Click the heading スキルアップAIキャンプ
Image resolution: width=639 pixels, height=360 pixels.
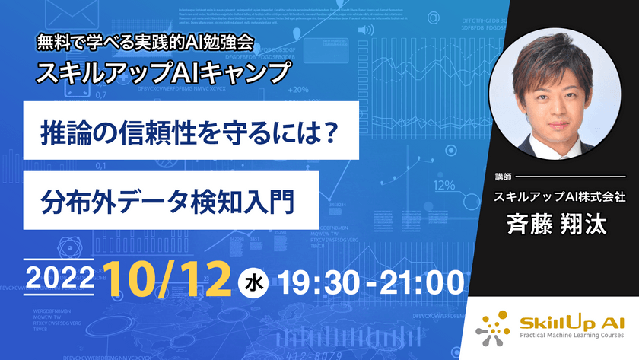pyautogui.click(x=165, y=72)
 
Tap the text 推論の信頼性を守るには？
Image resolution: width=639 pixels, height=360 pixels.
pyautogui.click(x=191, y=132)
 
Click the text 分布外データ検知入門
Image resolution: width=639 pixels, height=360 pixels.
pyautogui.click(x=168, y=200)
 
